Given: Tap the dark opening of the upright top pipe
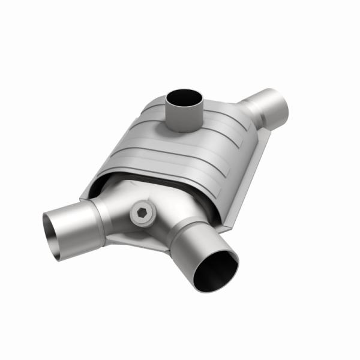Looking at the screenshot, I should pyautogui.click(x=184, y=98).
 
